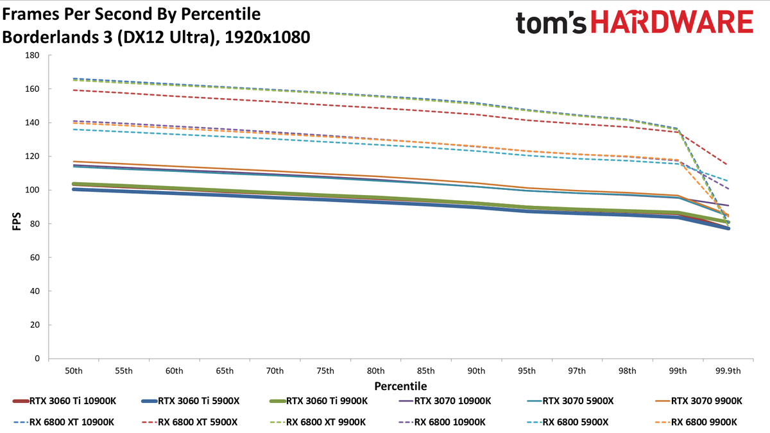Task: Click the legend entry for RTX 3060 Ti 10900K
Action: (64, 401)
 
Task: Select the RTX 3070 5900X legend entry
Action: (570, 401)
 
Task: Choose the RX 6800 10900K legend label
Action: (441, 422)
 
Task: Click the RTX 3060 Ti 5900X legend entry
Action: (191, 401)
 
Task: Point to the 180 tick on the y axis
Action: (32, 55)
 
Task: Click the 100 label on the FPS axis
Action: (32, 190)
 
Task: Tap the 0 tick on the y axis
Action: (37, 359)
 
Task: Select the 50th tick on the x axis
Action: (74, 371)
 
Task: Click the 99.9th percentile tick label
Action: (728, 371)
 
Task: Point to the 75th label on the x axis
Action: (325, 371)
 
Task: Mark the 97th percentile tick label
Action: (577, 371)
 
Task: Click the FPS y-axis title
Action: (17, 221)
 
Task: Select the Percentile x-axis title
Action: (401, 386)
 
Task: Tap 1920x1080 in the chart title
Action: (268, 37)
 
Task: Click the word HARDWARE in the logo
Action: (672, 22)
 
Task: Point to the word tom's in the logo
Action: (551, 22)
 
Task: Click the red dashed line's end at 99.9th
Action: (728, 165)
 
